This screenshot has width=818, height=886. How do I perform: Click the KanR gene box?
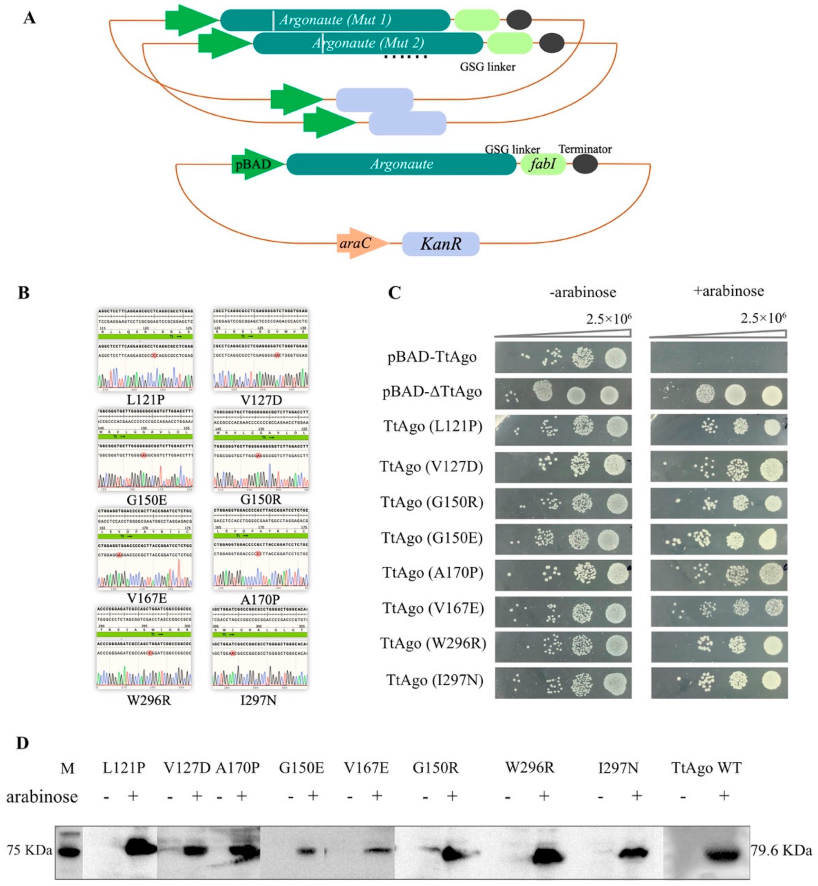click(x=440, y=244)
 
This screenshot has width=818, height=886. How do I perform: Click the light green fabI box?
click(x=543, y=164)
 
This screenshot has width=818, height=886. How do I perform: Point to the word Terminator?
click(x=585, y=149)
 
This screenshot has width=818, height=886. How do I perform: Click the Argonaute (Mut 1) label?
click(x=335, y=20)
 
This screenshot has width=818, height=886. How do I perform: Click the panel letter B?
click(x=23, y=293)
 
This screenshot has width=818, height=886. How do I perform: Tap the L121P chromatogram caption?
click(x=145, y=400)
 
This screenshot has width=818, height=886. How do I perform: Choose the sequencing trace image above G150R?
click(x=261, y=450)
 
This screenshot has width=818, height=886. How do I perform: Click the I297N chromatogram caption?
click(x=258, y=700)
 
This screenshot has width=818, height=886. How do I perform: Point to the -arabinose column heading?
click(x=583, y=292)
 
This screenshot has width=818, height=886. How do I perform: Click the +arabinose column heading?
click(x=728, y=291)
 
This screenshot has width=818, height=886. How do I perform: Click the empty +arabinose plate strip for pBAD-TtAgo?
click(x=719, y=357)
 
